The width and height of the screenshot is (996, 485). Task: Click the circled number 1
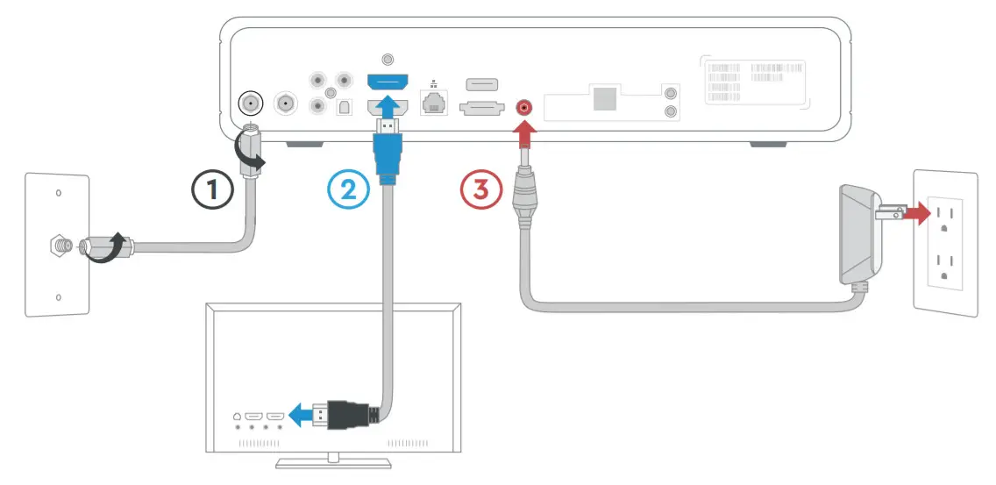click(213, 189)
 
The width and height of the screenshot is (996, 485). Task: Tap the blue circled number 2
click(348, 189)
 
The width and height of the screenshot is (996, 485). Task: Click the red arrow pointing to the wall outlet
click(919, 212)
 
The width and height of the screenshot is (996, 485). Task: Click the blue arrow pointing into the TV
click(302, 415)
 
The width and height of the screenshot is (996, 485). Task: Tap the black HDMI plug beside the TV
click(346, 415)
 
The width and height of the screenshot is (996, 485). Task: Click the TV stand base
click(333, 462)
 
